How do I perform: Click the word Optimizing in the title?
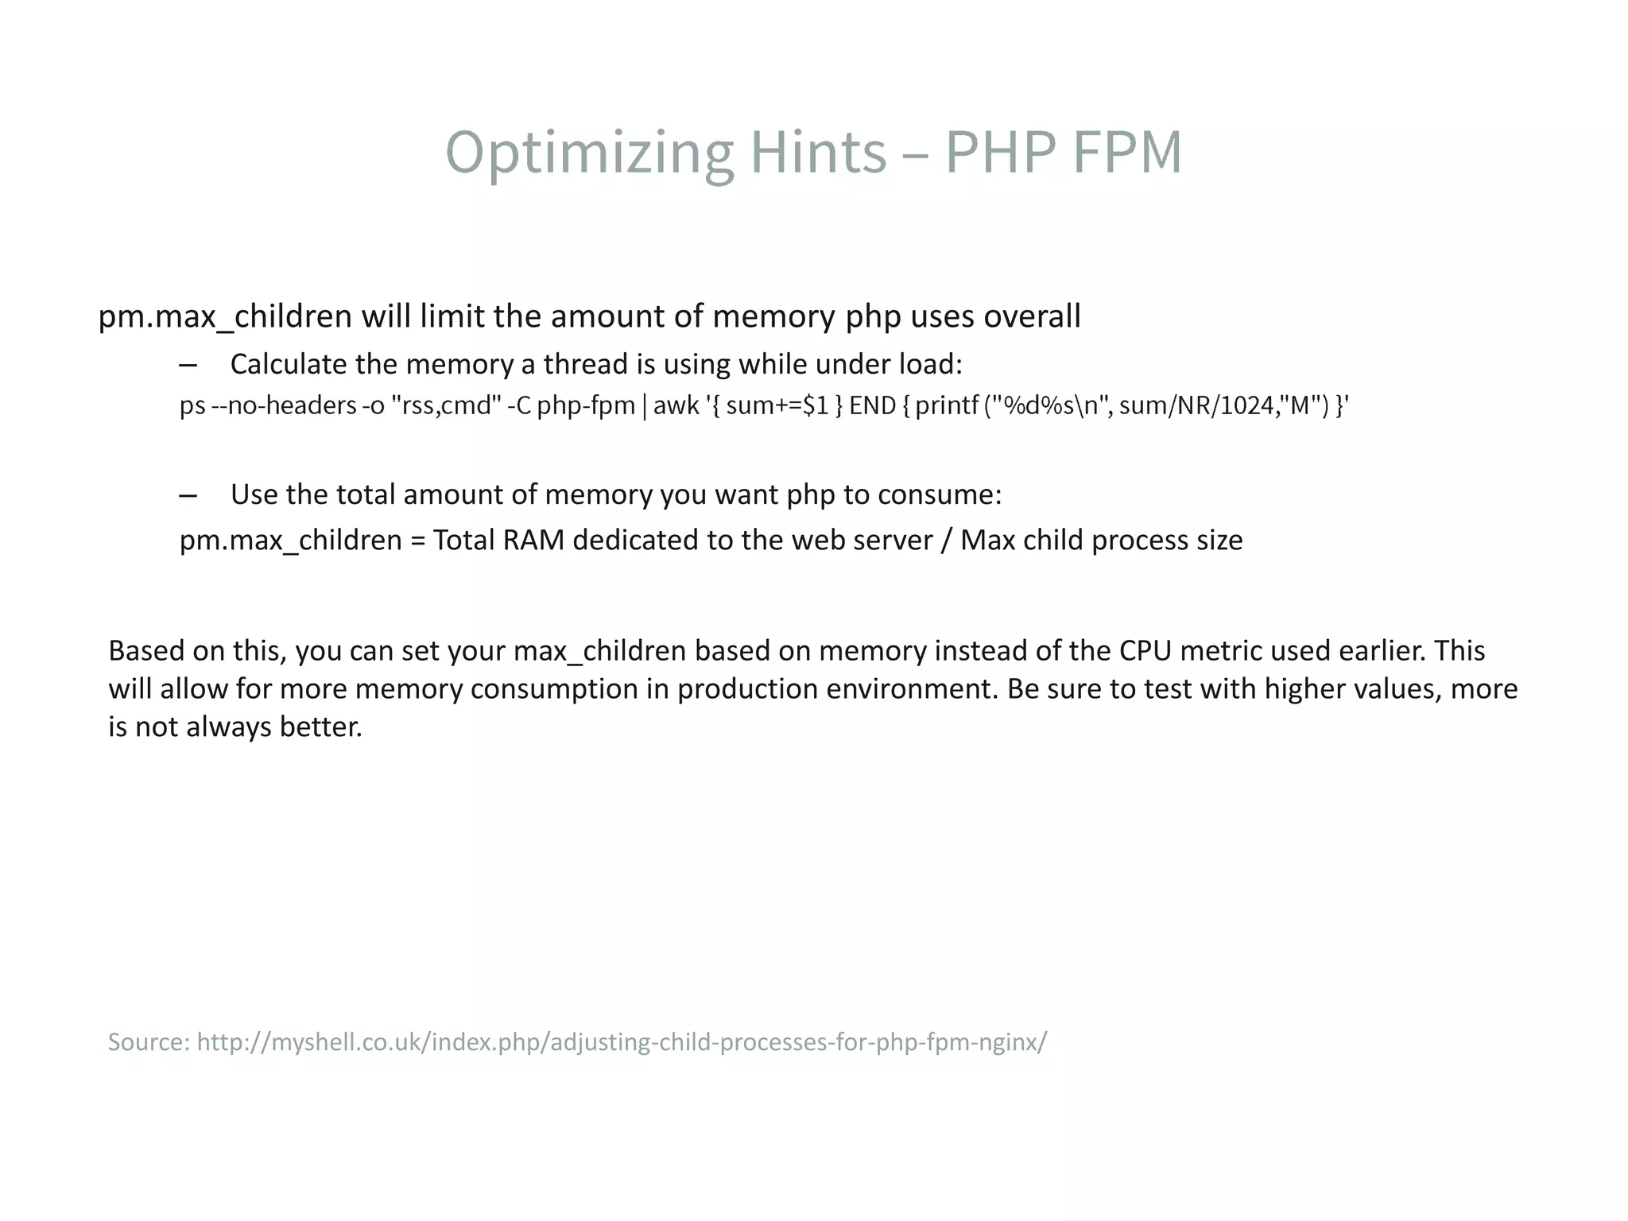coord(589,152)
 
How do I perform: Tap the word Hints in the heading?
coord(818,152)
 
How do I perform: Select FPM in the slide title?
coord(1126,152)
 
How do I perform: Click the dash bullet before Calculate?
coord(188,366)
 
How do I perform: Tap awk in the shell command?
coord(676,405)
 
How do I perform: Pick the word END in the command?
coord(872,405)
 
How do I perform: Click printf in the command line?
coord(947,405)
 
